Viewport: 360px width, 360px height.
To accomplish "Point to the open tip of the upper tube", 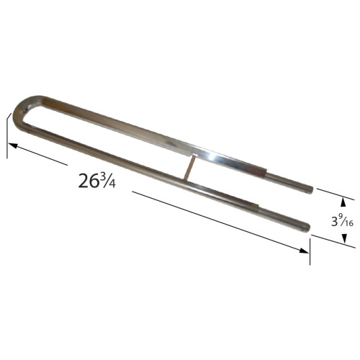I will point(311,191).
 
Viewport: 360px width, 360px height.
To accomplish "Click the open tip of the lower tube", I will point(309,228).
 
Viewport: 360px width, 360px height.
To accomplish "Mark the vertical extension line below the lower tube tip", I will point(310,245).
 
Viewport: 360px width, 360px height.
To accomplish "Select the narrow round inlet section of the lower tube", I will point(288,222).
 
